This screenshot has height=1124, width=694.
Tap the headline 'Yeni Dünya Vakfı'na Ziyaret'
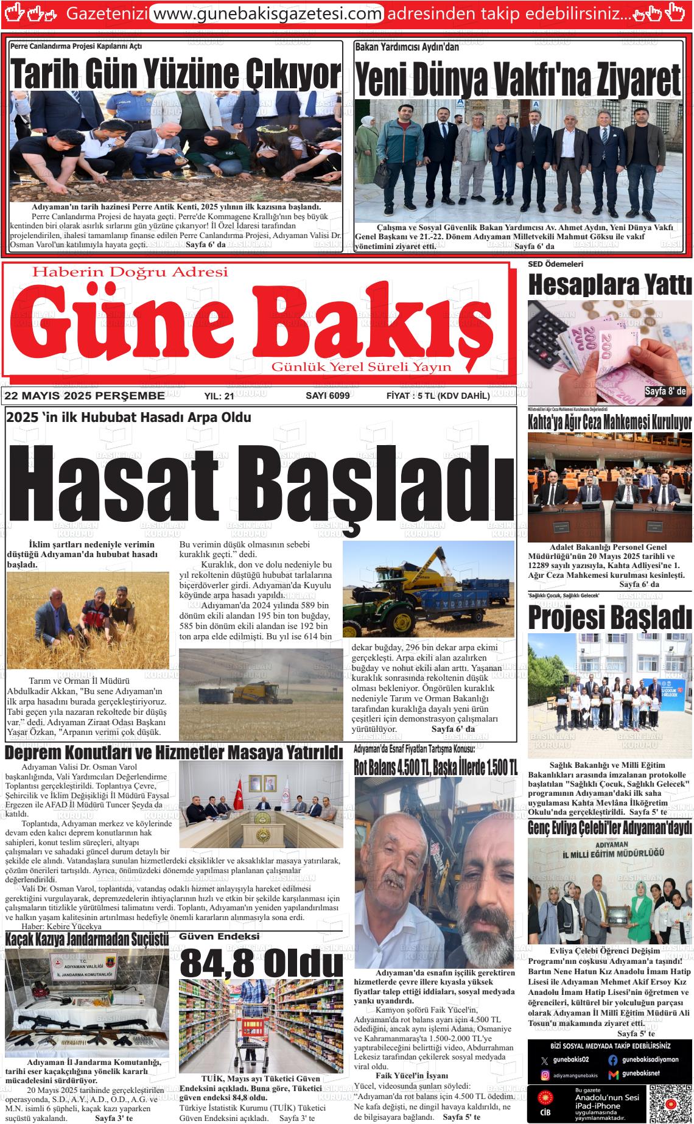pos(517,78)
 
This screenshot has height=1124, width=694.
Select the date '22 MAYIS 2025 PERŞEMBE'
pos(85,396)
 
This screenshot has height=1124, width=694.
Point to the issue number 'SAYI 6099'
pos(327,396)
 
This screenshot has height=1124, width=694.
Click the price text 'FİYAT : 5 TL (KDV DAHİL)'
pos(438,396)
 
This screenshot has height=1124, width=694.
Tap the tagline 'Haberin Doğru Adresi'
pos(131,272)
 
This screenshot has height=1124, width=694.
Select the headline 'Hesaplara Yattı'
pos(609,285)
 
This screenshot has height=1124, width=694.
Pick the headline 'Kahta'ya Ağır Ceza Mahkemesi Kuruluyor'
pos(609,422)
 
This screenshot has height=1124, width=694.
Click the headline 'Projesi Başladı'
pos(609,617)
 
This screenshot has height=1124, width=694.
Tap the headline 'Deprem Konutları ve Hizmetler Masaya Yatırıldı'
pos(173,753)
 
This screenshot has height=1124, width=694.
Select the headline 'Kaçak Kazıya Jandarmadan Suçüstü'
pos(86,940)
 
